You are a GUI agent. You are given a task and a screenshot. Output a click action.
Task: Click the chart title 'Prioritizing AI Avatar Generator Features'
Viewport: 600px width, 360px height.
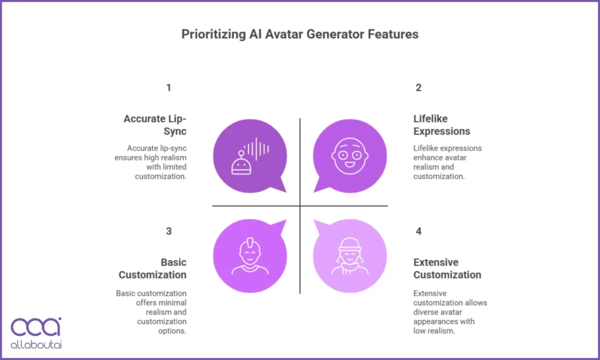pyautogui.click(x=300, y=34)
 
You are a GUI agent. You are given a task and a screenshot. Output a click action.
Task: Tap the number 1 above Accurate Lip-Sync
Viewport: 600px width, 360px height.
pyautogui.click(x=169, y=87)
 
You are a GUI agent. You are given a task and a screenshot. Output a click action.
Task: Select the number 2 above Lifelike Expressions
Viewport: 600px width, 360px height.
pyautogui.click(x=418, y=87)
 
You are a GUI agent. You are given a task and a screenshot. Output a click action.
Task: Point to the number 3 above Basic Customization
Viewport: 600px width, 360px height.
pyautogui.click(x=169, y=231)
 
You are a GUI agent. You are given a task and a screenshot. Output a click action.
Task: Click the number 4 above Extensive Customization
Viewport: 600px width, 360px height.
pyautogui.click(x=418, y=231)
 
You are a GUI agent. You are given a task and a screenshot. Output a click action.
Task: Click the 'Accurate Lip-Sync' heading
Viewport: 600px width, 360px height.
pyautogui.click(x=155, y=125)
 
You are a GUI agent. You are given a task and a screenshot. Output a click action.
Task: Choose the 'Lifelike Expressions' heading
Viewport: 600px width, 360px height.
pyautogui.click(x=441, y=125)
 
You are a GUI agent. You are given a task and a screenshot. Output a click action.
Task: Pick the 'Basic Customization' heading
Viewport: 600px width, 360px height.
pyautogui.click(x=152, y=268)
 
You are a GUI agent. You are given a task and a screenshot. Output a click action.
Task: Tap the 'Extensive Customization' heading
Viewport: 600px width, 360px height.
pyautogui.click(x=447, y=268)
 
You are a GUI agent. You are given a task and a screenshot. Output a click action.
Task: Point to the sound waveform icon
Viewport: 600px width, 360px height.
pyautogui.click(x=256, y=149)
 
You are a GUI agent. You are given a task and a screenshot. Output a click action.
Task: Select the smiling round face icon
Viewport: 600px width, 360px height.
pyautogui.click(x=350, y=156)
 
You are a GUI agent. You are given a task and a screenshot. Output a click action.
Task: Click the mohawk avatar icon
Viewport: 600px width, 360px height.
pyautogui.click(x=250, y=256)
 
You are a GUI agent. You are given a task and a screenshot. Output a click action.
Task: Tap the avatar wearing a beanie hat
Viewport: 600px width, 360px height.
pyautogui.click(x=350, y=256)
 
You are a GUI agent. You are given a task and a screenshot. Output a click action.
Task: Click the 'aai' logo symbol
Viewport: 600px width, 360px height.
pyautogui.click(x=36, y=326)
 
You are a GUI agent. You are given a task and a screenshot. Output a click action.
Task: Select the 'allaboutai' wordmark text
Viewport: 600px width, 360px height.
pyautogui.click(x=36, y=344)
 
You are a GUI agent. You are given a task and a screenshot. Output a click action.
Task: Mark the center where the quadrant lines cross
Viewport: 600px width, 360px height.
pyautogui.click(x=300, y=206)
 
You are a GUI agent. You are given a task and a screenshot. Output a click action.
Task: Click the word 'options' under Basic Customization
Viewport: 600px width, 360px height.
pyautogui.click(x=171, y=331)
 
